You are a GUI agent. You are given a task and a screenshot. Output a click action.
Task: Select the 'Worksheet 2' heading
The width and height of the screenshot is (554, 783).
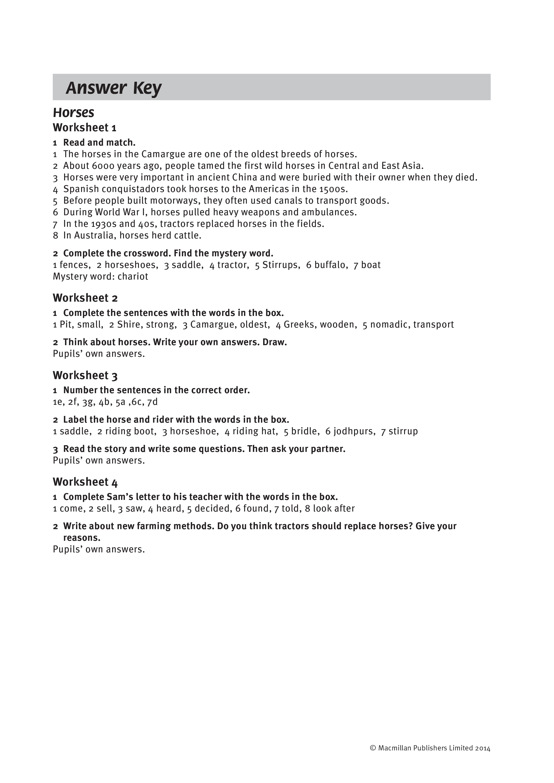coord(85,298)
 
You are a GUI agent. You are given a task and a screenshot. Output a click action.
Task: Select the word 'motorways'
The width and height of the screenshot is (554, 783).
coord(175,200)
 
